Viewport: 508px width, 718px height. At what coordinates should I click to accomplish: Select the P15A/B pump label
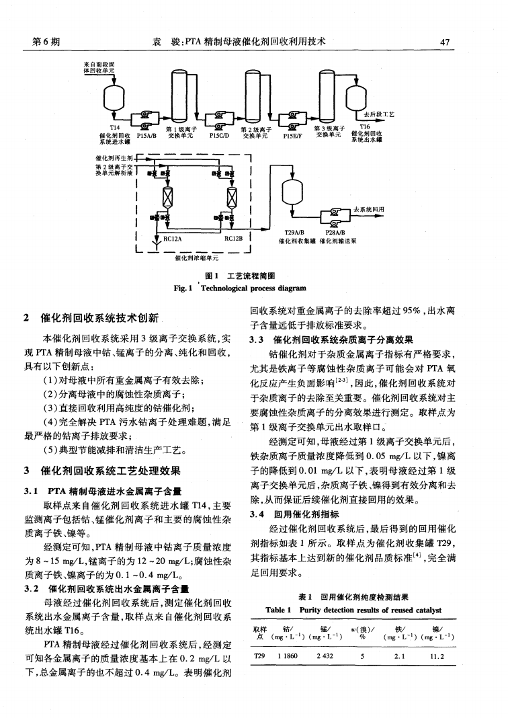146,133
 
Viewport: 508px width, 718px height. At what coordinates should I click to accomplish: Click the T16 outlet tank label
365,126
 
